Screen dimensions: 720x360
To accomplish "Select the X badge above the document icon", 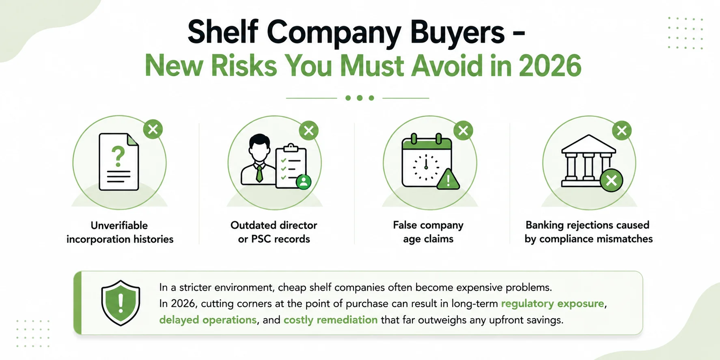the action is [153, 129].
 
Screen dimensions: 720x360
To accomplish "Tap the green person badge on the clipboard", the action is [304, 181].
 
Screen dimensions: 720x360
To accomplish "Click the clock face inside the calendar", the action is [426, 167].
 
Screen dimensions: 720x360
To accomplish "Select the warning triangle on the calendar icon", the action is [448, 179].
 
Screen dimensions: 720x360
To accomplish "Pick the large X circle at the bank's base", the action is [611, 180].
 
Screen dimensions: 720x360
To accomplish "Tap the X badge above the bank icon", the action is [622, 130].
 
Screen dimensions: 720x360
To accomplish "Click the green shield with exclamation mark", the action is [121, 303].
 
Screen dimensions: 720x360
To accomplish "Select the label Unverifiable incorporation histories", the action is [120, 232].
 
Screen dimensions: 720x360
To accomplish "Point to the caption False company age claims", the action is [428, 232].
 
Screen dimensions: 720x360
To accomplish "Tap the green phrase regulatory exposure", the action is [552, 304].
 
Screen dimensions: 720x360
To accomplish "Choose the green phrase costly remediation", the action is [330, 320].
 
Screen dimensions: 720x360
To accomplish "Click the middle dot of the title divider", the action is [360, 98].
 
